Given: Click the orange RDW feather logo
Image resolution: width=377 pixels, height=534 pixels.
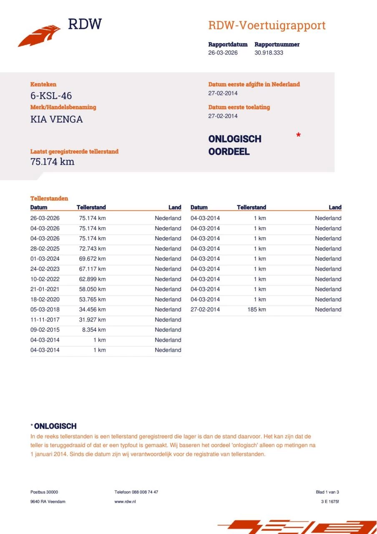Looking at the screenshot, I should point(39,35).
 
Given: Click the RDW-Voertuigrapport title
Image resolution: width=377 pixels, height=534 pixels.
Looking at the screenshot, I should point(267,25).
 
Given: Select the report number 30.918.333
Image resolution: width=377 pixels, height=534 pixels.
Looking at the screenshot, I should point(269,53).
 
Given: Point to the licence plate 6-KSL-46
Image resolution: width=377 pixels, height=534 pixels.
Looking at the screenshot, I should point(51,96).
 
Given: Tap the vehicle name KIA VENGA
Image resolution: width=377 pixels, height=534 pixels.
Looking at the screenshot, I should point(57,119).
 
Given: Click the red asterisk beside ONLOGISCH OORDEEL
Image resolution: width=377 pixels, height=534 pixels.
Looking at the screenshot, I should point(298,135).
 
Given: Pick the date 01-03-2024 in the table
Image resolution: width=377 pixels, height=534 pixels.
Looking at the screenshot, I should point(45,259).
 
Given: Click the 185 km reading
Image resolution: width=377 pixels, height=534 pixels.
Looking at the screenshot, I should point(256,310).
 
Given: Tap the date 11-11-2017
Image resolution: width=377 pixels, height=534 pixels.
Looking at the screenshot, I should point(45,320).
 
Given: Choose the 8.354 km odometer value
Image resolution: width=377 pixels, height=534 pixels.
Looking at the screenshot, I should point(94,330).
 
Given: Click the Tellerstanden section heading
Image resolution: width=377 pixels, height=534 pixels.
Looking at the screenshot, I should point(49,199).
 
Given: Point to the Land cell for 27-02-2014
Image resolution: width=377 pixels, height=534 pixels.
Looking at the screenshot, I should point(328,310).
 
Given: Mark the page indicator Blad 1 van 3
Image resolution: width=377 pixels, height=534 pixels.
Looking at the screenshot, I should point(327,492).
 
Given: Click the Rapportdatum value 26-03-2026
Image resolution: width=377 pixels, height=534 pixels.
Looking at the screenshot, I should point(223,53).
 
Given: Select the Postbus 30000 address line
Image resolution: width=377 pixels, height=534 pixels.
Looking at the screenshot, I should point(44,492).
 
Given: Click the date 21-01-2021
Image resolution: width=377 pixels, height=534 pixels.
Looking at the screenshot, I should point(45,289).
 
